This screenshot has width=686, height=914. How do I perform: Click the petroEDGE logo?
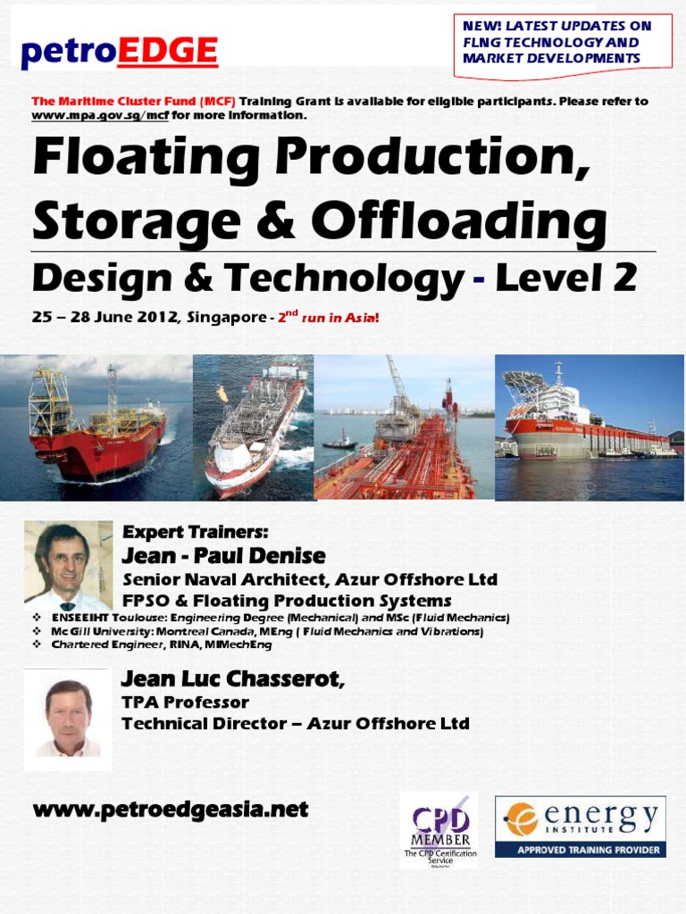tap(119, 52)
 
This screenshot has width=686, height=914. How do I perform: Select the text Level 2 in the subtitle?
tap(565, 278)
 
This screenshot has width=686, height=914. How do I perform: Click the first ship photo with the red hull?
tap(96, 427)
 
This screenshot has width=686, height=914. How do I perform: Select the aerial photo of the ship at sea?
tap(254, 427)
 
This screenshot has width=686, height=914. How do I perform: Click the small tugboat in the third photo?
tap(340, 441)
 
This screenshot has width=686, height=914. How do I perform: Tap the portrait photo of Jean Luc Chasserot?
tap(68, 719)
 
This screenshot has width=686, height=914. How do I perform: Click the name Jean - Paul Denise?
tap(223, 556)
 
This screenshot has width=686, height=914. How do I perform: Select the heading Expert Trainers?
tap(195, 533)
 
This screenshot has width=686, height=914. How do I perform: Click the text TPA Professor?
tap(185, 702)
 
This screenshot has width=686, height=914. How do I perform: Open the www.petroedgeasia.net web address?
tap(170, 810)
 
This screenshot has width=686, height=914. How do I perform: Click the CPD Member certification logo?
tap(439, 829)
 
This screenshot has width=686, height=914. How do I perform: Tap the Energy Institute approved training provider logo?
tap(581, 827)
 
